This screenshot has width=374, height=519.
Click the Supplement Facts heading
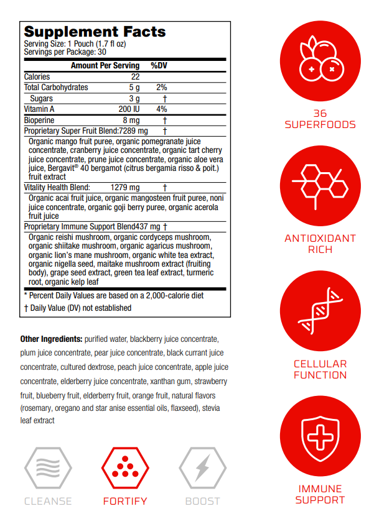coord(95,32)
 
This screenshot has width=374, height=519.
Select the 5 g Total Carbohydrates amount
coord(134,88)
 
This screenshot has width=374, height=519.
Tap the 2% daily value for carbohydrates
coord(162,88)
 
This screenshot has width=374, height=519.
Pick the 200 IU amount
coord(131,109)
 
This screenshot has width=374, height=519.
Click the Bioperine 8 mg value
coord(131,120)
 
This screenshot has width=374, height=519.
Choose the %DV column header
coord(159,65)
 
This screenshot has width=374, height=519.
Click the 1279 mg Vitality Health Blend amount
coord(125,187)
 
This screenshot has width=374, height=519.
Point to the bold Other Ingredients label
coord(51,339)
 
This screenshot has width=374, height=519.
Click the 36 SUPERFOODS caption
coord(320,119)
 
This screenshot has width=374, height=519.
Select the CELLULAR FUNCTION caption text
coord(320,369)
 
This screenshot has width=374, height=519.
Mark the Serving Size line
coord(75,44)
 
